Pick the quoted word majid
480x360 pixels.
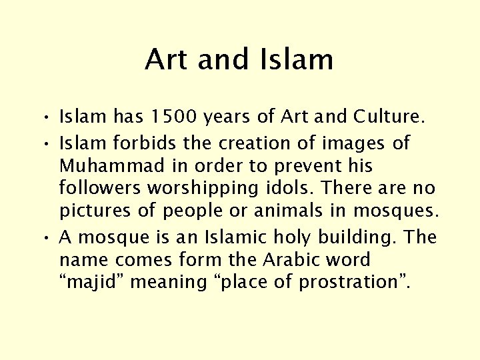click(x=94, y=283)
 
